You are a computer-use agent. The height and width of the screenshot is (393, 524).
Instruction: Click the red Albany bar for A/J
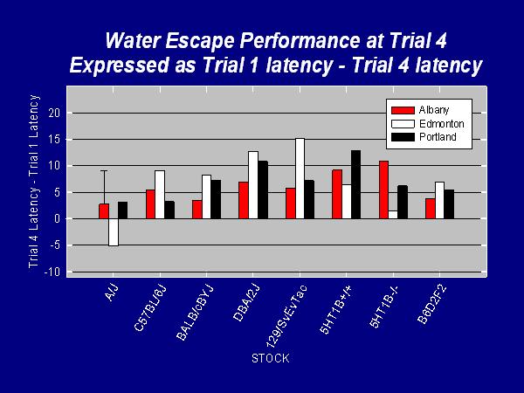(104, 210)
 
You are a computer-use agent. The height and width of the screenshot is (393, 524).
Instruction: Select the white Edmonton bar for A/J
(114, 231)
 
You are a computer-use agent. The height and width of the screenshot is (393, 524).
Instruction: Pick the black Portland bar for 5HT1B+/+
(355, 184)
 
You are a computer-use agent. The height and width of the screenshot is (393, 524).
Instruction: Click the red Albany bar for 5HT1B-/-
(383, 190)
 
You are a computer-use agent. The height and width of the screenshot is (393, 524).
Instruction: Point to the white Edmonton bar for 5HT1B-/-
(394, 214)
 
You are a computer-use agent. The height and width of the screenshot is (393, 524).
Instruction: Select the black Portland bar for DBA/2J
(262, 190)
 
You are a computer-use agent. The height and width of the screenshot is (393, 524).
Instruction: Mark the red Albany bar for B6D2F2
(431, 208)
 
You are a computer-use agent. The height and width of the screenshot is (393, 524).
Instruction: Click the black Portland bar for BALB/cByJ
(216, 199)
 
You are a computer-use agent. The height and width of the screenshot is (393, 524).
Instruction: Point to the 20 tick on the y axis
(54, 113)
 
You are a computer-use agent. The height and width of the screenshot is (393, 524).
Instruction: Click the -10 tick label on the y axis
(52, 272)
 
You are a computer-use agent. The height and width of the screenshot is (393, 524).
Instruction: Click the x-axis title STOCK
(270, 358)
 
